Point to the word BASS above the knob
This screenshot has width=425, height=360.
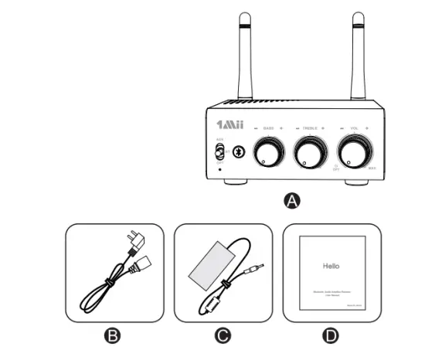tap(269, 127)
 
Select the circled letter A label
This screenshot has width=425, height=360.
tap(291, 201)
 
